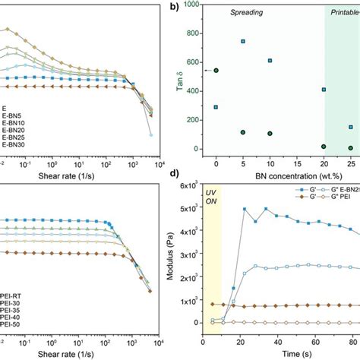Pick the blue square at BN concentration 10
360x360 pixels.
(270, 60)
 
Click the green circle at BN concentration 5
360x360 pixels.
(243, 132)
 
